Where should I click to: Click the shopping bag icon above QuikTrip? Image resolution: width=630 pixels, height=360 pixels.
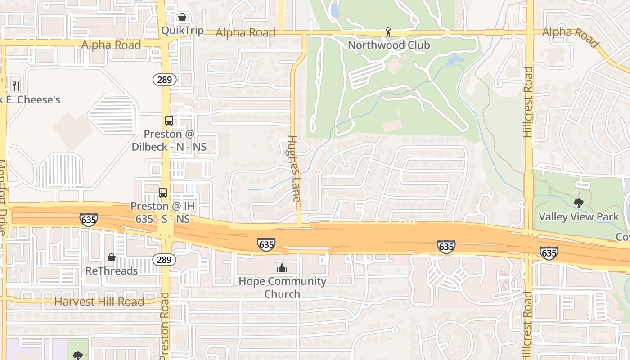(x=182, y=17)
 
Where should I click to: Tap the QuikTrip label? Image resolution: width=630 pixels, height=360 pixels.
(x=182, y=31)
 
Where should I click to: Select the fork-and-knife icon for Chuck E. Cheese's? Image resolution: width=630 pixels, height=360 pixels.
(x=16, y=85)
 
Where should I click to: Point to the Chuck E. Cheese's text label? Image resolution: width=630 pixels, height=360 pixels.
(x=30, y=99)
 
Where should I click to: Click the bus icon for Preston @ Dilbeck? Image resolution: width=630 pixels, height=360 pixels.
(x=169, y=121)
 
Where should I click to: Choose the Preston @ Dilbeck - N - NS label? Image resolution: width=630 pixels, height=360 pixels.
(x=169, y=140)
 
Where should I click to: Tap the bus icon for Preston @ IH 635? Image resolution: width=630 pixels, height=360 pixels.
(x=163, y=193)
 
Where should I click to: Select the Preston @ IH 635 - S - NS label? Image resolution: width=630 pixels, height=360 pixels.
(x=162, y=213)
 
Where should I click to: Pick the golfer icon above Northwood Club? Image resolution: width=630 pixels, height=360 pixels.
(x=388, y=32)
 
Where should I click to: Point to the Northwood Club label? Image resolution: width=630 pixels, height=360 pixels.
(x=389, y=45)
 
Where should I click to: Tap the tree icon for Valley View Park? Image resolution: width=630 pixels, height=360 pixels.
(x=579, y=203)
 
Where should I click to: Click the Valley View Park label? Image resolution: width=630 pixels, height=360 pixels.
(x=579, y=216)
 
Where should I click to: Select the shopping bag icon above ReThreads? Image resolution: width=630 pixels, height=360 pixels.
(x=112, y=257)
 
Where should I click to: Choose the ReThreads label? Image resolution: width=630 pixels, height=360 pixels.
(x=112, y=270)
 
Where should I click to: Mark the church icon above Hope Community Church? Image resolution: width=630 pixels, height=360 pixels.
(x=282, y=268)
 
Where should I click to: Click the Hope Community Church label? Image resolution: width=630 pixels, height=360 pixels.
(x=282, y=288)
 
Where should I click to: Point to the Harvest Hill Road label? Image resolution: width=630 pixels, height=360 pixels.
(x=99, y=301)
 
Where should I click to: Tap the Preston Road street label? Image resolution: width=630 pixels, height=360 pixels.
(x=164, y=326)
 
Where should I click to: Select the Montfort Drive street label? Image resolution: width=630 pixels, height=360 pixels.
(x=3, y=198)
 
